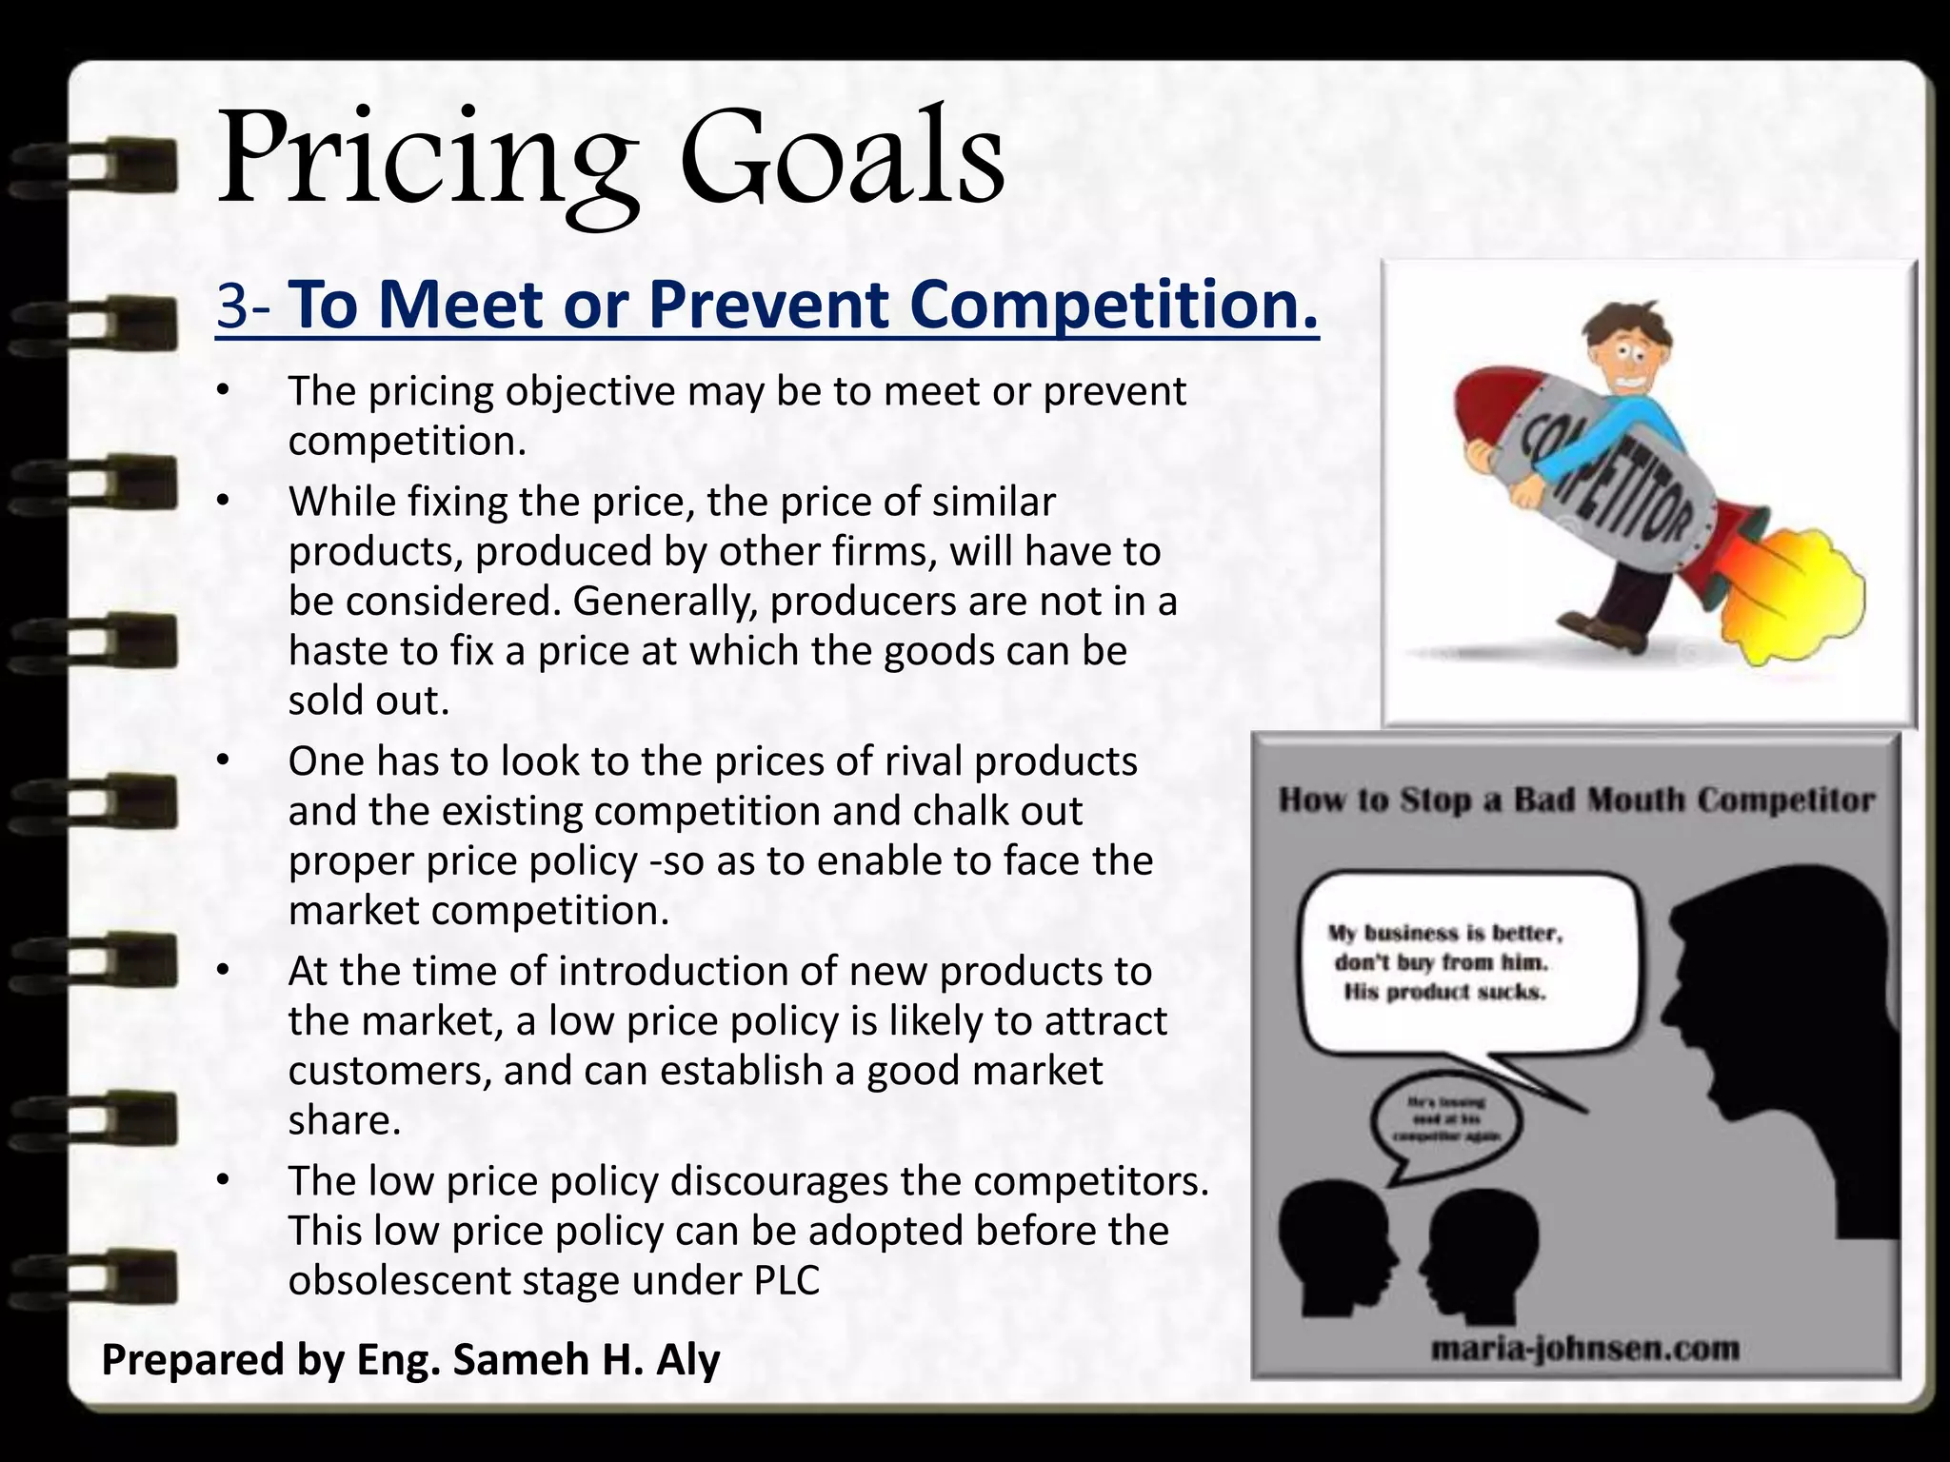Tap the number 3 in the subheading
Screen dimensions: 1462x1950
232,305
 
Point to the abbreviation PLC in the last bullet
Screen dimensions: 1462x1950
786,1280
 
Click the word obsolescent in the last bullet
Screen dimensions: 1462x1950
401,1280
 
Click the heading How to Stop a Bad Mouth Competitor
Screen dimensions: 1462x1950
1576,800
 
